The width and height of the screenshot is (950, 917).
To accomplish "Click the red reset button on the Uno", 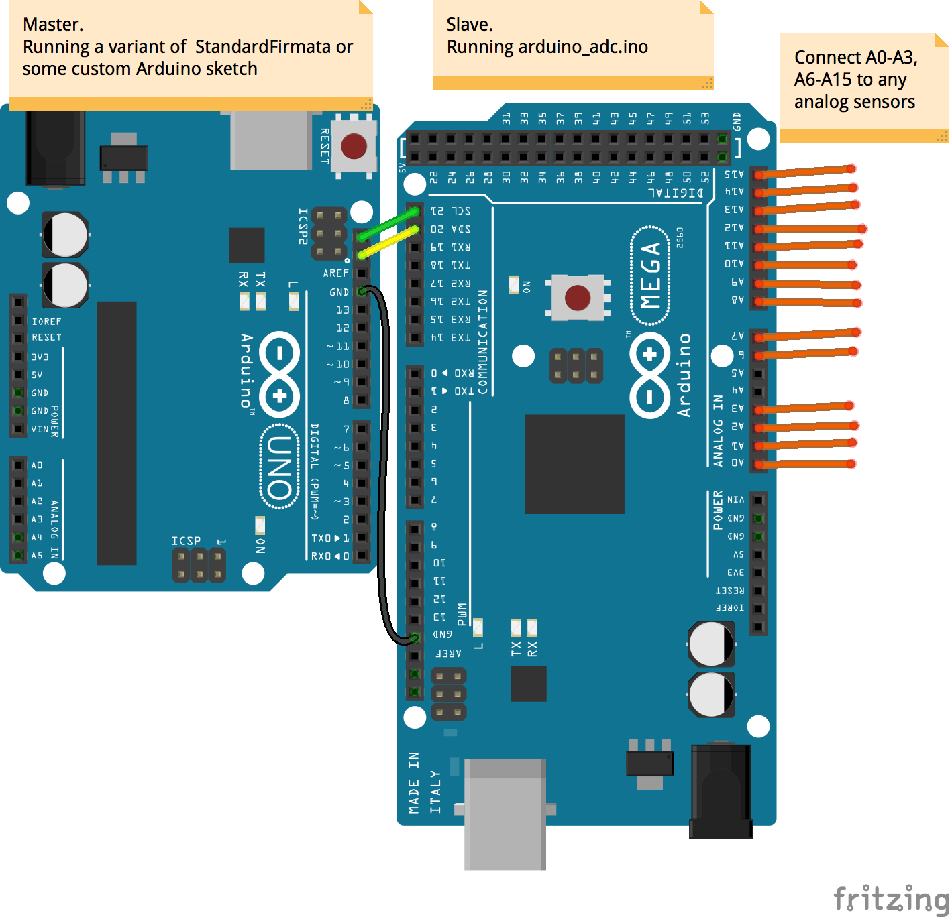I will pos(354,145).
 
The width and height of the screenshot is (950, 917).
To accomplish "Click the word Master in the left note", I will pos(52,25).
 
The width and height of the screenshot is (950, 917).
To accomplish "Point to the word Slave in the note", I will pos(469,25).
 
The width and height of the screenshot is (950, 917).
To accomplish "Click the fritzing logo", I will pos(890,898).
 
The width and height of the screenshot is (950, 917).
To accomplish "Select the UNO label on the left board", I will pos(279,467).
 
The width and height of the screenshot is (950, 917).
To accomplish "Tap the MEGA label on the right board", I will pos(650,276).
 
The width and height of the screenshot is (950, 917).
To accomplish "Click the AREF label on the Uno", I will pos(335,273).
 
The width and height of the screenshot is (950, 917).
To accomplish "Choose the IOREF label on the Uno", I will pos(46,322).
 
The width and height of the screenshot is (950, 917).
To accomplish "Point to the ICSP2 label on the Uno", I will pos(303,227).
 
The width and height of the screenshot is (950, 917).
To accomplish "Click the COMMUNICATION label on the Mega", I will pos(483,342).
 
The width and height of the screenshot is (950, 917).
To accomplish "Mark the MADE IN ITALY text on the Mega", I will pos(424,783).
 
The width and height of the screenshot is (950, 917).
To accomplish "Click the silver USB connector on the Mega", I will pos(505,814).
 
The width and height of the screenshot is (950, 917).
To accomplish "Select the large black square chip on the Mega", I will pos(574,464).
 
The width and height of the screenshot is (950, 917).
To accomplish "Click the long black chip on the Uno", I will pos(117,433).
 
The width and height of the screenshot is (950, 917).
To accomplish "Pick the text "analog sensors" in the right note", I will pos(854,102).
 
